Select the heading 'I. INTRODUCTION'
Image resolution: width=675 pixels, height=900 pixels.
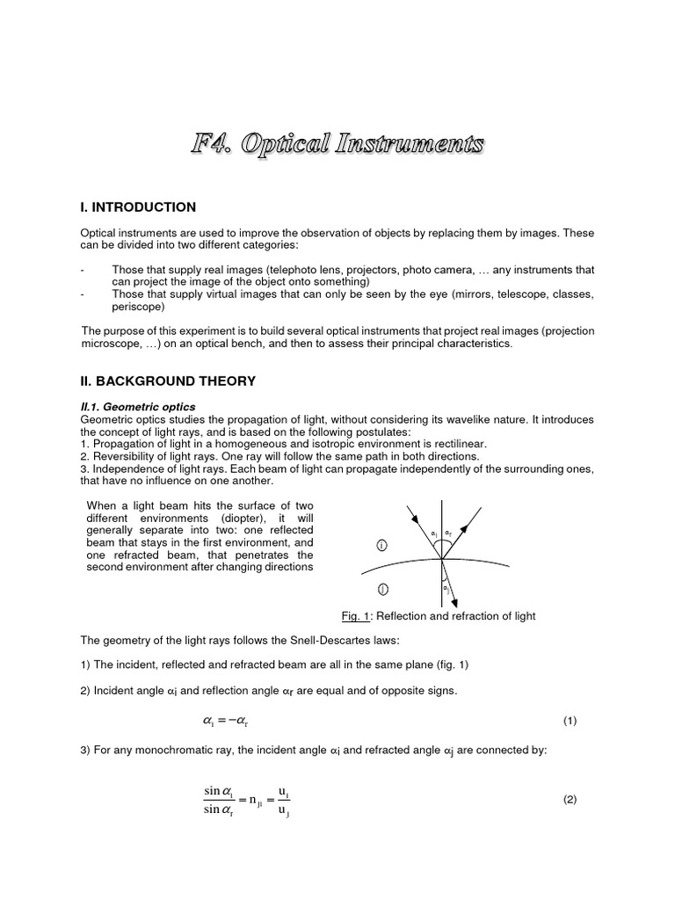click(138, 207)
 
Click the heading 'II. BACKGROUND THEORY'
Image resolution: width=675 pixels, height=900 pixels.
click(168, 381)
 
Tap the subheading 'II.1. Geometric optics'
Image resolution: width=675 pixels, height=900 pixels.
click(138, 407)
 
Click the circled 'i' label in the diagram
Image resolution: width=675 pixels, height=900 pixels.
click(381, 546)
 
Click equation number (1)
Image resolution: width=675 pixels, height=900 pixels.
click(570, 721)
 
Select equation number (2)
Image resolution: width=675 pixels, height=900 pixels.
click(570, 800)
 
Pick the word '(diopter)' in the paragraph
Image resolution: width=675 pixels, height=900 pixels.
click(213, 518)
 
